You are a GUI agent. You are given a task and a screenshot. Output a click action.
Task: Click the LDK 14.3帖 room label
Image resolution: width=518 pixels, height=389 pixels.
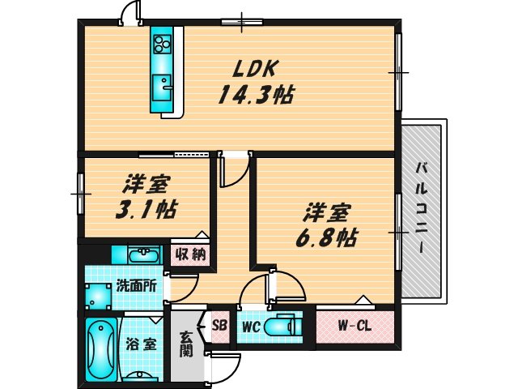(x=253, y=81)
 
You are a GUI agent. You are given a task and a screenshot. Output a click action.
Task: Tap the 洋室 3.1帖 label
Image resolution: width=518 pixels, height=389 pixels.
(x=146, y=197)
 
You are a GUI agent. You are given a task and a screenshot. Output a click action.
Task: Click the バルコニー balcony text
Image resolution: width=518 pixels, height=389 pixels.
(x=422, y=207)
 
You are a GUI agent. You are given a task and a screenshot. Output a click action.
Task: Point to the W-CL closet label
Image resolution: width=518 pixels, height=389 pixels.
(x=354, y=327)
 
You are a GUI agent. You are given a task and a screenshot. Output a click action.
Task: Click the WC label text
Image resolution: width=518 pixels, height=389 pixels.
(x=250, y=327)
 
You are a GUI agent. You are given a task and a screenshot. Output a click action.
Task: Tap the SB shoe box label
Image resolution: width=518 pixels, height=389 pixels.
(x=219, y=326)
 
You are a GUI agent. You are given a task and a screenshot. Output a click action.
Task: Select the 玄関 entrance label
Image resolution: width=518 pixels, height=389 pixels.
(x=186, y=344)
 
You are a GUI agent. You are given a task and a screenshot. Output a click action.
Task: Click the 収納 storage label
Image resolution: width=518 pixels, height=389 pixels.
(x=191, y=254)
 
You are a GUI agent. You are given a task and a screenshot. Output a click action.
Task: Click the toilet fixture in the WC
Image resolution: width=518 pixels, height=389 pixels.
(x=283, y=327)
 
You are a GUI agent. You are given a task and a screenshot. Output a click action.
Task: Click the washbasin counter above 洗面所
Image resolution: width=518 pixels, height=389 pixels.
(x=138, y=254)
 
